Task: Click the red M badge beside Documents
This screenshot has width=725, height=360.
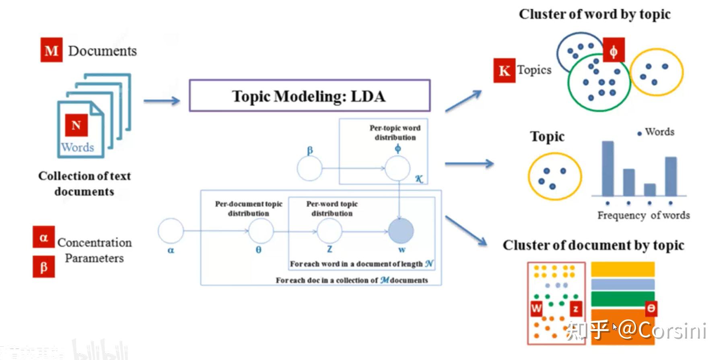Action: click(51, 50)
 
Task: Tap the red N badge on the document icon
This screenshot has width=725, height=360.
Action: click(76, 125)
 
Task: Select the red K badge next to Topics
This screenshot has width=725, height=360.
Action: click(504, 70)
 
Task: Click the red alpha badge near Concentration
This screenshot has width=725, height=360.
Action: click(43, 237)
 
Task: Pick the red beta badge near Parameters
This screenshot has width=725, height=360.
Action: click(43, 267)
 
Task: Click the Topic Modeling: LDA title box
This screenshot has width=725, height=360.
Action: click(309, 96)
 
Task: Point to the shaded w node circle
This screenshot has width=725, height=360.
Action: click(401, 231)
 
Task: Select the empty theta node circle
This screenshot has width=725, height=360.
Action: click(261, 231)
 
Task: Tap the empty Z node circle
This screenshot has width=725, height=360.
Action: click(330, 231)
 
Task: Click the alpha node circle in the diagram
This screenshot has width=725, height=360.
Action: click(171, 231)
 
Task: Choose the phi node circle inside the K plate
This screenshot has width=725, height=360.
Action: click(398, 168)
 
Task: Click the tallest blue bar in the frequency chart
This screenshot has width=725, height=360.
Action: click(608, 168)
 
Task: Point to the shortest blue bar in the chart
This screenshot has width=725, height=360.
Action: click(649, 189)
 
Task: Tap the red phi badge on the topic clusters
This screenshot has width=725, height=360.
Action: click(614, 50)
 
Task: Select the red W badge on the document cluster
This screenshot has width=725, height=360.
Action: click(536, 309)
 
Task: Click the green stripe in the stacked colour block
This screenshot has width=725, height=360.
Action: click(622, 299)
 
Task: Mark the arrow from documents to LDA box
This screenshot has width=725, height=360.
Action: click(161, 101)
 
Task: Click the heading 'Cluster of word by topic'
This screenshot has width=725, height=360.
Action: click(594, 14)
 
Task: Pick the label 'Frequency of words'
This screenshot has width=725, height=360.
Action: click(643, 216)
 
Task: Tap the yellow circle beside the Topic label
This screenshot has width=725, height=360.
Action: click(554, 177)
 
